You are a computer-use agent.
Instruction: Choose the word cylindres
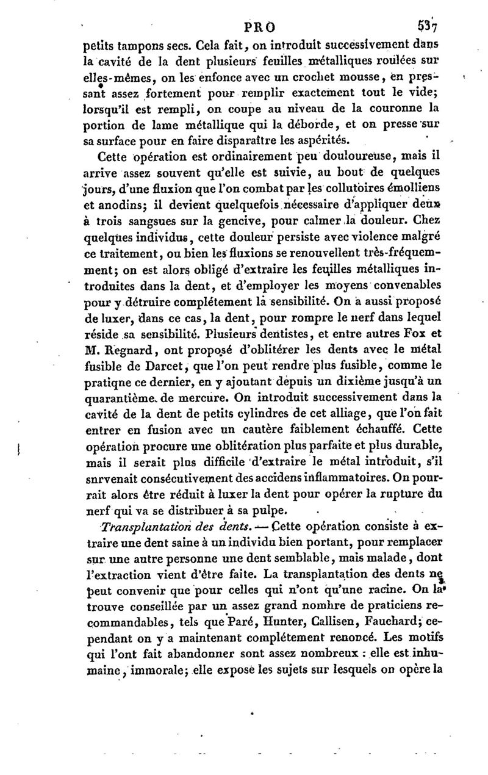coord(245,414)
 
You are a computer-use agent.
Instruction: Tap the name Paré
coord(192,591)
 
